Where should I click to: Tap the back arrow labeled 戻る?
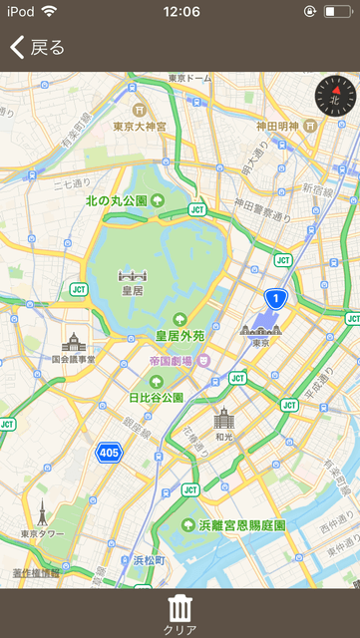click(x=37, y=47)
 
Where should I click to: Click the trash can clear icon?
click(x=180, y=608)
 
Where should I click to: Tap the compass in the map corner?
click(x=335, y=96)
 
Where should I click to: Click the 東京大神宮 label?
click(x=140, y=127)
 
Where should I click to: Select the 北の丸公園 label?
click(x=117, y=200)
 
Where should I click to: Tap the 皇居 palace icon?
click(x=132, y=275)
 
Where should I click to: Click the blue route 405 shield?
click(x=109, y=454)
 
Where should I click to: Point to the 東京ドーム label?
click(x=189, y=77)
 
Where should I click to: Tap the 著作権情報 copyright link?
click(x=36, y=573)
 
